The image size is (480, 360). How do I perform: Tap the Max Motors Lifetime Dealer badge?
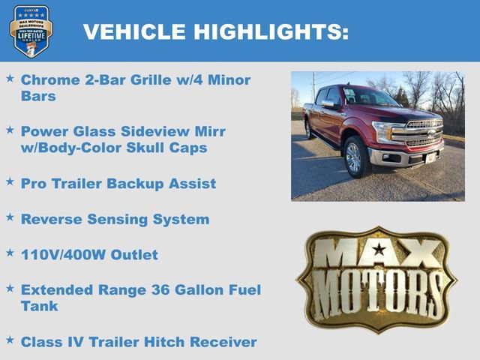pos(31,31)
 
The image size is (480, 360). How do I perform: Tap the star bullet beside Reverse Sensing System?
pos(10,216)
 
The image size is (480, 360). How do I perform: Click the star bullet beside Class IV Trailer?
pos(10,339)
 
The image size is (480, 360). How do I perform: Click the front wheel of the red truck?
pos(353,157)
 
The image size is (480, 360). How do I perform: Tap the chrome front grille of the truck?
pos(424,133)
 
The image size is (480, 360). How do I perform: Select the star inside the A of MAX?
pos(378,250)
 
